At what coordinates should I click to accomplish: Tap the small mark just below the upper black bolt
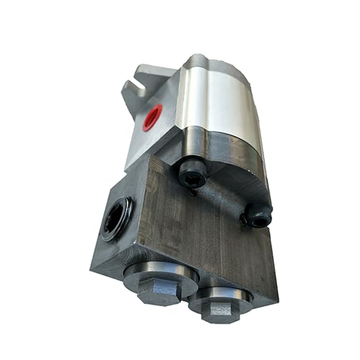192,192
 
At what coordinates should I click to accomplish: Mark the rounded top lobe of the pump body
209,65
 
